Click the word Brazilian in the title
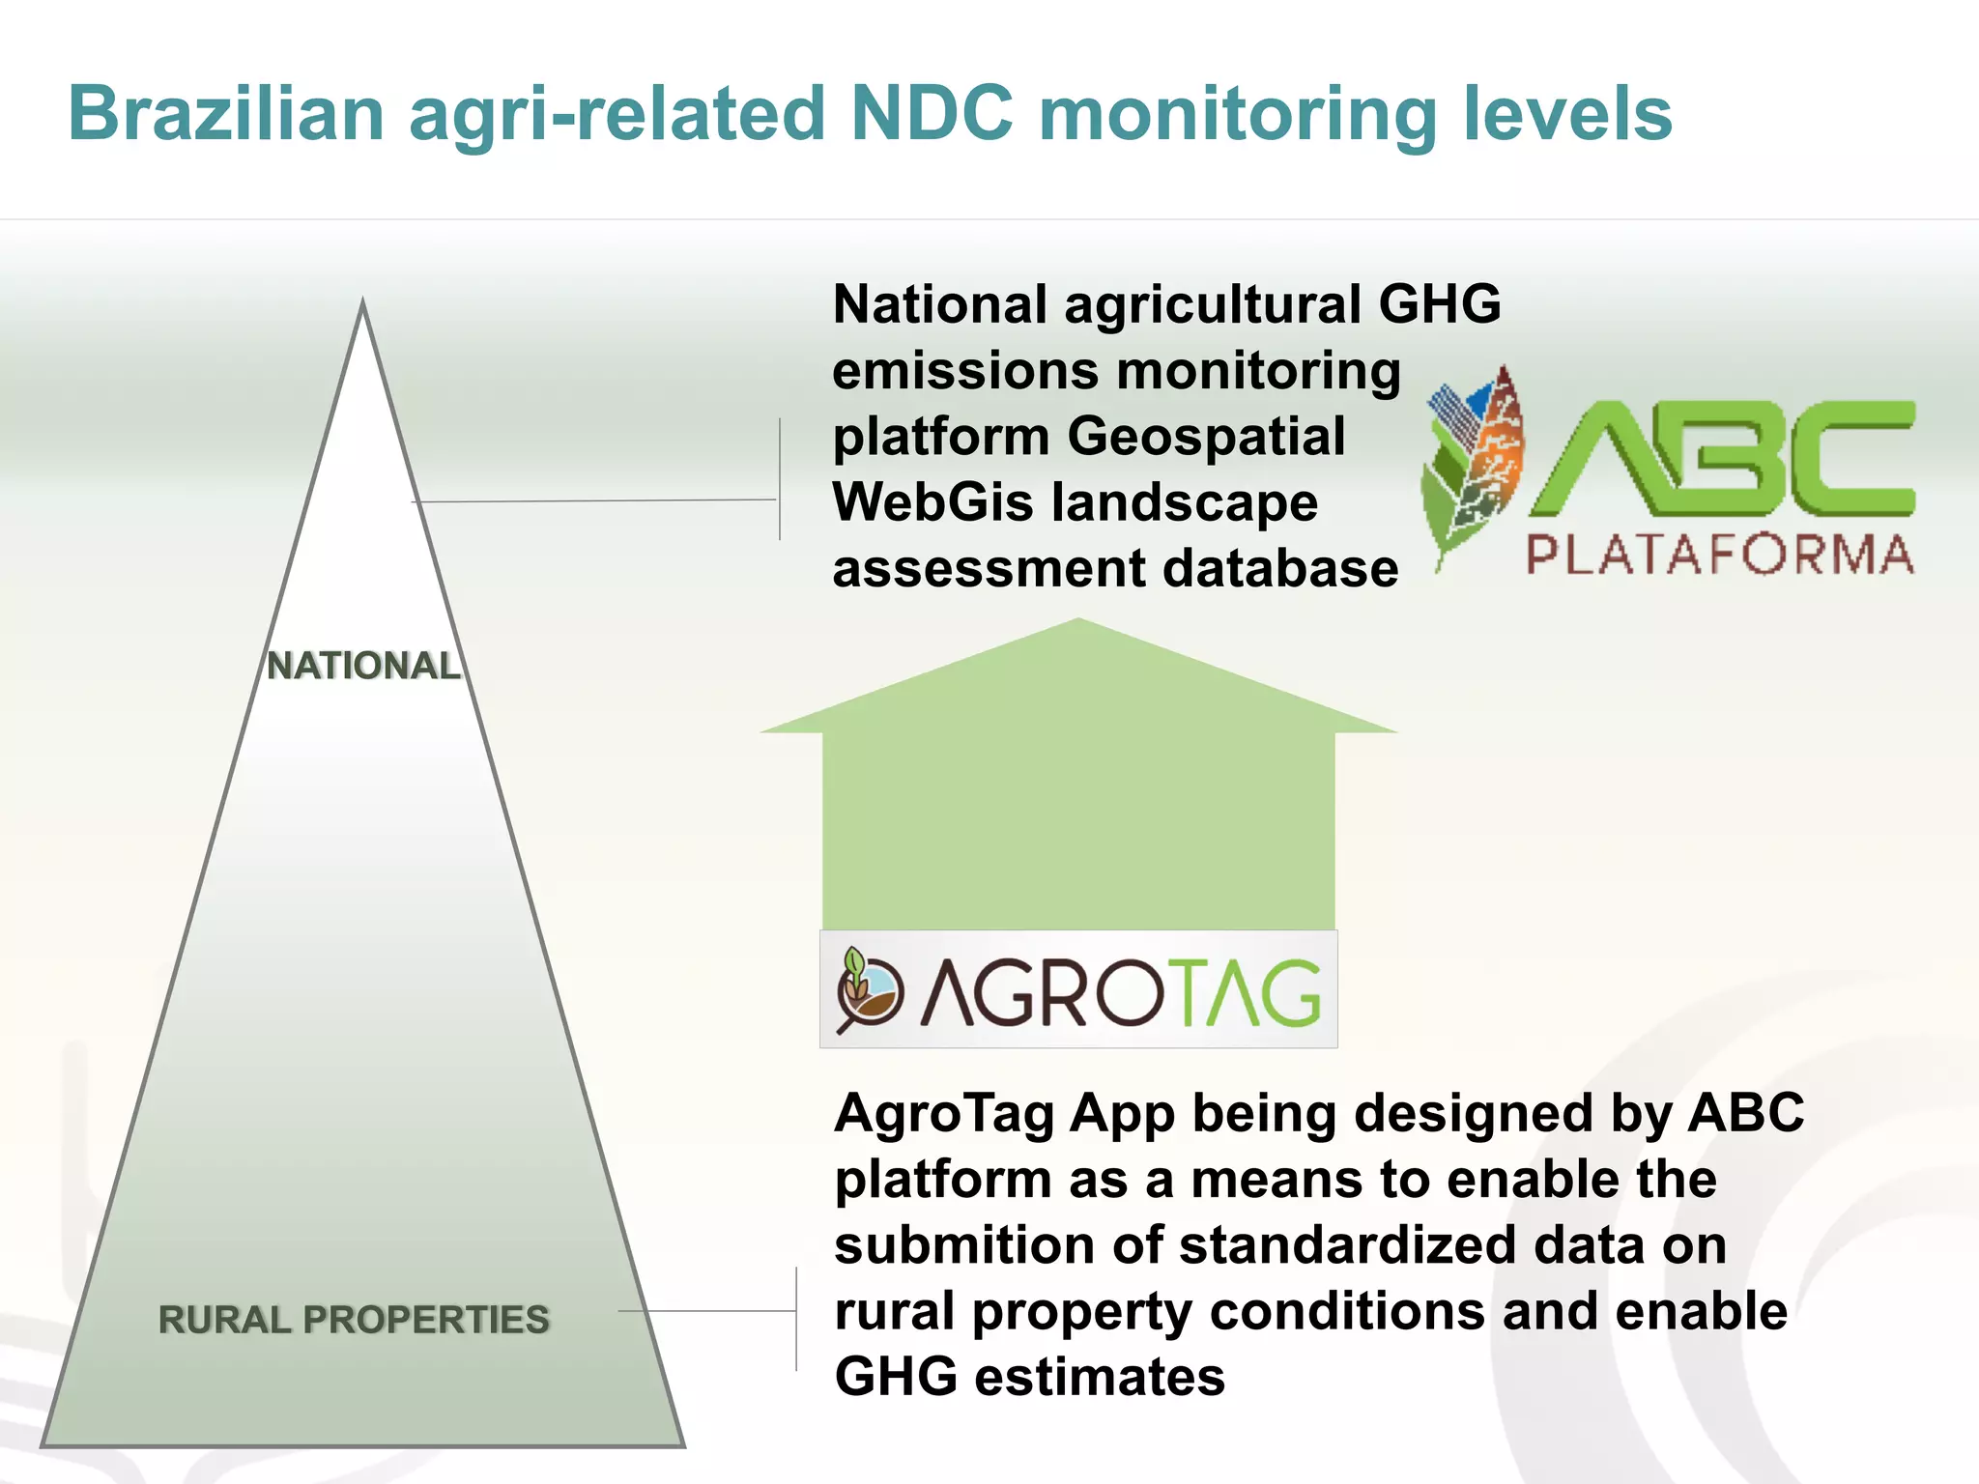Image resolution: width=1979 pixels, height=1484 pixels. pyautogui.click(x=227, y=114)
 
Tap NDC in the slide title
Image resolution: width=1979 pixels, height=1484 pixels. pyautogui.click(x=932, y=114)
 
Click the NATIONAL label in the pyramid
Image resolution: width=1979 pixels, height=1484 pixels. pyautogui.click(x=363, y=666)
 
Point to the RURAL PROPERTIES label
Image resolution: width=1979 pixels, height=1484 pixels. pyautogui.click(x=354, y=1320)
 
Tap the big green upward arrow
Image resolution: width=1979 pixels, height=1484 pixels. pyautogui.click(x=1078, y=792)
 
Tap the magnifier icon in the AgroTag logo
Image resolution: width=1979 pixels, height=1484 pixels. pyautogui.click(x=867, y=992)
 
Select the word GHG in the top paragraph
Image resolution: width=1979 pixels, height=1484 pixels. pyautogui.click(x=1440, y=304)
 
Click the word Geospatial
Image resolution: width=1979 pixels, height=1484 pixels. pyautogui.click(x=1206, y=436)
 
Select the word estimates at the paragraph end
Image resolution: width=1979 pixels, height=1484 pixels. pyautogui.click(x=1100, y=1376)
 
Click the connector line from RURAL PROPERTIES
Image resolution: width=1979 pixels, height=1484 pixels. pyautogui.click(x=705, y=1311)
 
